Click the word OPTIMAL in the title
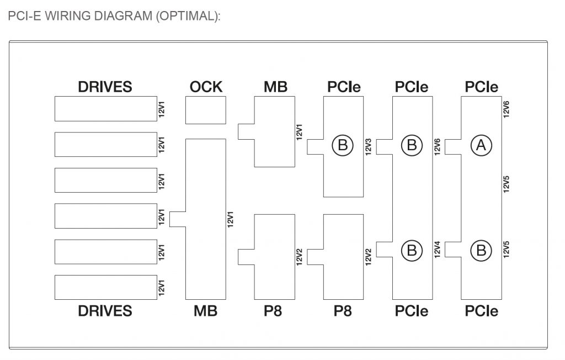click(x=186, y=16)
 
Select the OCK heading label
click(x=206, y=87)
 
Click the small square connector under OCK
click(x=206, y=110)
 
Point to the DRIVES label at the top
click(x=105, y=87)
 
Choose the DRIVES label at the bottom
click(x=105, y=311)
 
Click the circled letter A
click(x=481, y=145)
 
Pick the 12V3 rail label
click(x=368, y=146)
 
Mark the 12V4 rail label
click(x=437, y=249)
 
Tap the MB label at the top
click(x=275, y=87)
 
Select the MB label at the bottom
click(x=205, y=311)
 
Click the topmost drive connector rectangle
click(x=105, y=109)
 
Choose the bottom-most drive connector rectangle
click(x=105, y=288)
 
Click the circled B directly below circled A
click(x=481, y=250)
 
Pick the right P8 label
click(x=343, y=311)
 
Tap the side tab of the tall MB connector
click(x=177, y=219)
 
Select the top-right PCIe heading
click(x=481, y=87)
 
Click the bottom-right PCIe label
click(x=481, y=311)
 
